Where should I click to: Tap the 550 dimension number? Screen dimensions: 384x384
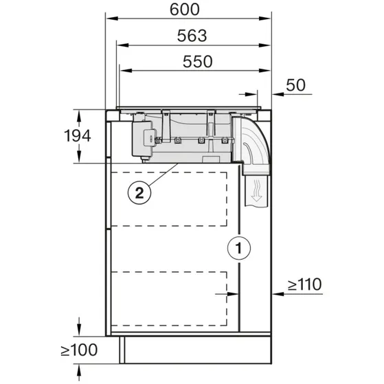click(x=197, y=60)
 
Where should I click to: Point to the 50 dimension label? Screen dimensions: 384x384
click(x=296, y=85)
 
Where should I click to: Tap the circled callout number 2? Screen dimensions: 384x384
click(x=139, y=192)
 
